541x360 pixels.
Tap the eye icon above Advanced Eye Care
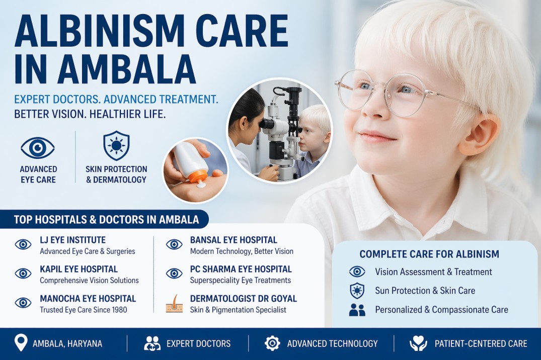coord(38,148)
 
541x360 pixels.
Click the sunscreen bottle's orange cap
coord(200,176)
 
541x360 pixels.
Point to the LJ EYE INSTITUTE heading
coord(72,240)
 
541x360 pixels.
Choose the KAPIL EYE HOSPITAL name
coord(79,269)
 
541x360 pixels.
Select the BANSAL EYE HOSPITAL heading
coord(234,240)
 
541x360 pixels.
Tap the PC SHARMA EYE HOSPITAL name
coord(241,269)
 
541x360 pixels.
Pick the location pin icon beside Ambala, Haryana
coord(21,343)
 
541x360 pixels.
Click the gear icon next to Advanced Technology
coord(272,343)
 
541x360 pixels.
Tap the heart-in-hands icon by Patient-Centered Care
coord(418,343)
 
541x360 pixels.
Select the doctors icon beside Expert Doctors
coord(152,343)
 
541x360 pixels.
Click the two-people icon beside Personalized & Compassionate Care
coord(357,310)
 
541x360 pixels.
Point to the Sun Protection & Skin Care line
coord(425,291)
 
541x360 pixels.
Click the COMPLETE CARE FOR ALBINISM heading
coord(429,254)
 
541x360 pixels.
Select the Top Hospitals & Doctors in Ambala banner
coord(106,220)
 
